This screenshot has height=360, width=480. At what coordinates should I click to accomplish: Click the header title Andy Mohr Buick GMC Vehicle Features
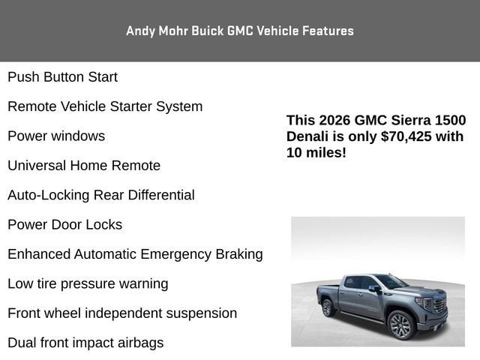click(x=240, y=31)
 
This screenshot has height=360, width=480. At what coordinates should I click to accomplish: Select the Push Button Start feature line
click(x=62, y=77)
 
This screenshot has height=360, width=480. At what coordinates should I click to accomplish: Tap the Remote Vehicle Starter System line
click(x=105, y=106)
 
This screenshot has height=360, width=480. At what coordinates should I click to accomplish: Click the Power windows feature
click(x=56, y=136)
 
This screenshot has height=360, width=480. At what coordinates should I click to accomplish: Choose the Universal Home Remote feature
click(x=84, y=166)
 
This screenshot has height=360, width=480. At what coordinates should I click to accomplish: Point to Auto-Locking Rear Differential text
click(x=101, y=195)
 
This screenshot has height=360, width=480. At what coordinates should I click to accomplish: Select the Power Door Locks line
click(x=64, y=225)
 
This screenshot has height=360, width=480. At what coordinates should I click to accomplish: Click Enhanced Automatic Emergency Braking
click(x=135, y=254)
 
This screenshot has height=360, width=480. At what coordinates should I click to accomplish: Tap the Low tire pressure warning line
click(x=88, y=284)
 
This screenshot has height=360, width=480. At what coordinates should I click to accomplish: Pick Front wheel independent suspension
click(x=122, y=313)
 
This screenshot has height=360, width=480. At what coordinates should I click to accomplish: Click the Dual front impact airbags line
click(x=85, y=343)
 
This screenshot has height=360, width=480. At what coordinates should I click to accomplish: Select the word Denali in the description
click(x=307, y=136)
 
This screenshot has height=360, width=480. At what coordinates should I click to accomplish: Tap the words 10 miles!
click(x=316, y=152)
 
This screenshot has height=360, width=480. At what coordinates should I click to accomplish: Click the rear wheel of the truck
click(x=327, y=307)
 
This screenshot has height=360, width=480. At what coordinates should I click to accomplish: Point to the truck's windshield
click(x=391, y=282)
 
